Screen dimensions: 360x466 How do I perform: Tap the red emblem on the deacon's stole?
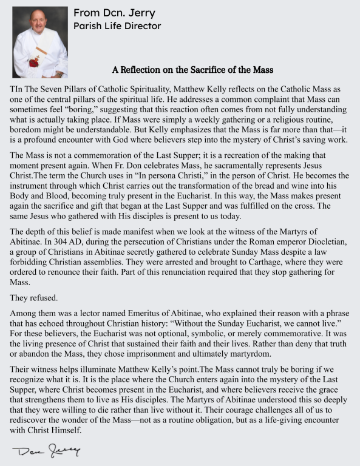34,61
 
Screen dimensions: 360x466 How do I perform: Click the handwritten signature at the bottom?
46,451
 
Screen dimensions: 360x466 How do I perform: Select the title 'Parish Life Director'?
117,26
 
